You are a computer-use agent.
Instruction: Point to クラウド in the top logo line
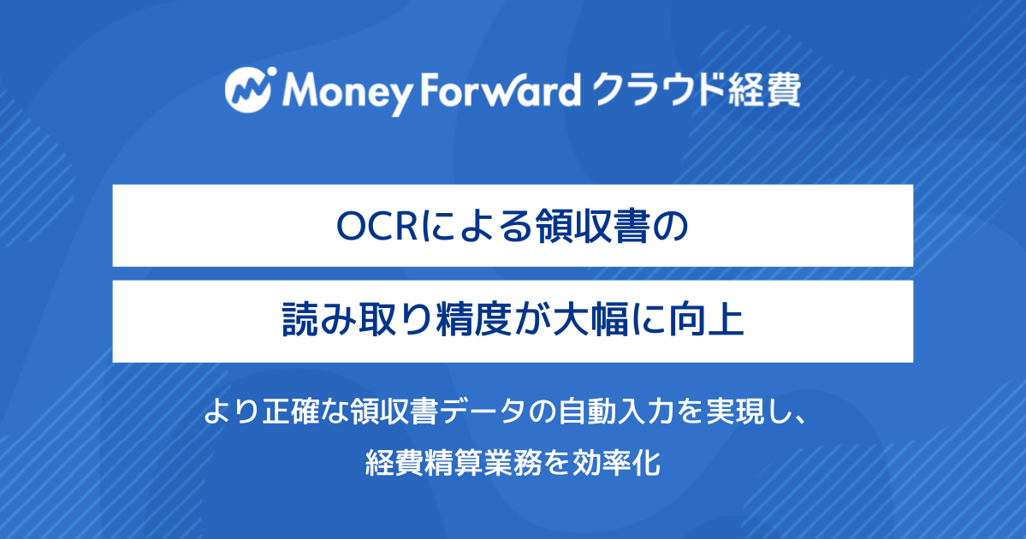(658, 90)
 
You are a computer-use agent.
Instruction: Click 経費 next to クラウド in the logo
(764, 90)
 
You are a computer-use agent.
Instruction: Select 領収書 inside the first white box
(592, 227)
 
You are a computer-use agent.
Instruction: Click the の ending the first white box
(671, 227)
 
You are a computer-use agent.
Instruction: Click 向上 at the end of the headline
(708, 321)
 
